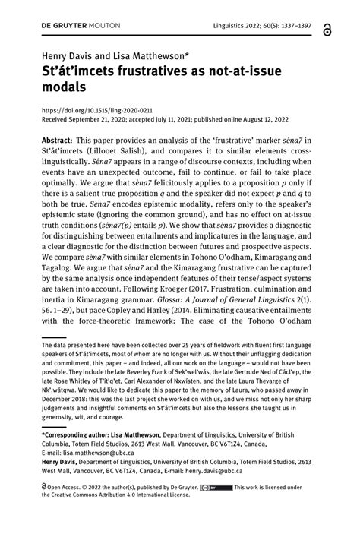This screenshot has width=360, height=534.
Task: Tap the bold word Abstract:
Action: tap(63, 143)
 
